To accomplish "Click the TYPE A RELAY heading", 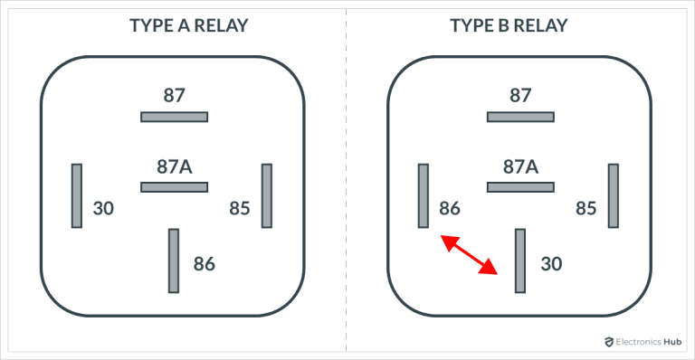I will coord(174,24).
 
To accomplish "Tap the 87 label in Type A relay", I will coord(174,95).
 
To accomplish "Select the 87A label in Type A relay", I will coord(174,166).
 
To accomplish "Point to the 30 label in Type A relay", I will coord(104,208).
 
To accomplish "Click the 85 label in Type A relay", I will coord(239,208).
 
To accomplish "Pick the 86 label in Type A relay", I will coord(205,264).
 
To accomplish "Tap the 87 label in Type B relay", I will coord(520,95).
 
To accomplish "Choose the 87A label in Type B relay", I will coord(520,166).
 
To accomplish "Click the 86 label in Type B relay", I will coord(450,208).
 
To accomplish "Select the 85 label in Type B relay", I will coord(586,208).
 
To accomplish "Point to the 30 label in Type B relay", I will coord(551,264).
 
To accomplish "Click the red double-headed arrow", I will coord(469,254).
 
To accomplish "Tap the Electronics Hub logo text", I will coord(643,343).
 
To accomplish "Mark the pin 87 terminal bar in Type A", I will coord(174,116).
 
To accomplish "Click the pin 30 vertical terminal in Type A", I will coord(77,195).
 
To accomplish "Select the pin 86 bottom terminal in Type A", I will coord(174,261).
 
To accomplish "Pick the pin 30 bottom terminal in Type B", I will coord(520,261).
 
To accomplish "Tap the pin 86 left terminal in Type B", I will coord(423,195).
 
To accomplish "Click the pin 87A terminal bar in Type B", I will coord(520,187).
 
